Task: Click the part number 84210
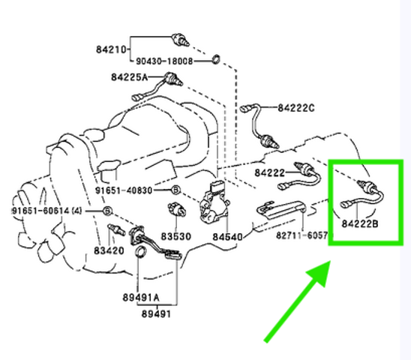pyautogui.click(x=111, y=49)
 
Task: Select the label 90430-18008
pyautogui.click(x=164, y=61)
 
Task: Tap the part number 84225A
pyautogui.click(x=129, y=77)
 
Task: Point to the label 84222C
pyautogui.click(x=296, y=108)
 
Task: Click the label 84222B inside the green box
pyautogui.click(x=360, y=223)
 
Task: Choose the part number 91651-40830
pyautogui.click(x=124, y=190)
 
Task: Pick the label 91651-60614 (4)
pyautogui.click(x=47, y=211)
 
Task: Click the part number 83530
pyautogui.click(x=175, y=236)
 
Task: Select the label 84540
pyautogui.click(x=227, y=237)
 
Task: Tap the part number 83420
pyautogui.click(x=109, y=250)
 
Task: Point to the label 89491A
pyautogui.click(x=141, y=297)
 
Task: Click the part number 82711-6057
pyautogui.click(x=302, y=235)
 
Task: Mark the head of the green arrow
pyautogui.click(x=331, y=261)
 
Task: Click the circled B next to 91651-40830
pyautogui.click(x=176, y=190)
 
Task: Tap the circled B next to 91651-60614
pyautogui.click(x=107, y=211)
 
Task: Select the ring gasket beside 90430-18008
pyautogui.click(x=216, y=59)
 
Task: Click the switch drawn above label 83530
pyautogui.click(x=177, y=208)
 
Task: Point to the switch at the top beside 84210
pyautogui.click(x=181, y=40)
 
